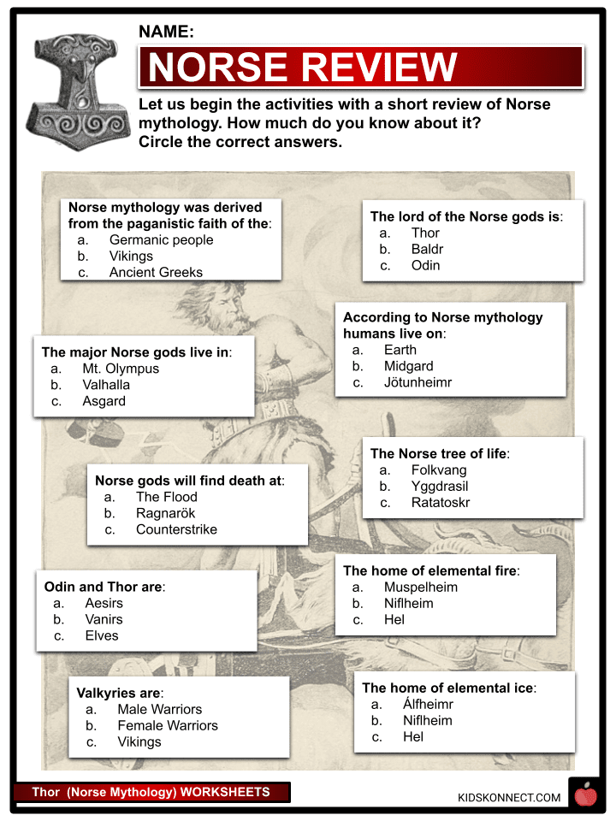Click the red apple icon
click(586, 795)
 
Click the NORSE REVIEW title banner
click(360, 67)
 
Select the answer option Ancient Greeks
click(156, 273)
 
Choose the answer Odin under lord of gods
click(425, 266)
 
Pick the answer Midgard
click(408, 366)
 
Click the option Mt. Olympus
click(121, 369)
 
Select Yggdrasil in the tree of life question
click(439, 487)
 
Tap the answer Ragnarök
click(166, 513)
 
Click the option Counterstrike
click(176, 529)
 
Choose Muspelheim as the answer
click(420, 588)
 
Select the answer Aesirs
click(104, 603)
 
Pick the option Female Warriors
click(168, 725)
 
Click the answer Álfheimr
click(428, 705)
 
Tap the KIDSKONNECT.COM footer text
click(509, 798)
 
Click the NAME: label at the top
click(166, 32)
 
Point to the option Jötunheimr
click(418, 382)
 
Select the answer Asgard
click(104, 401)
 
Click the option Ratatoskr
click(440, 503)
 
